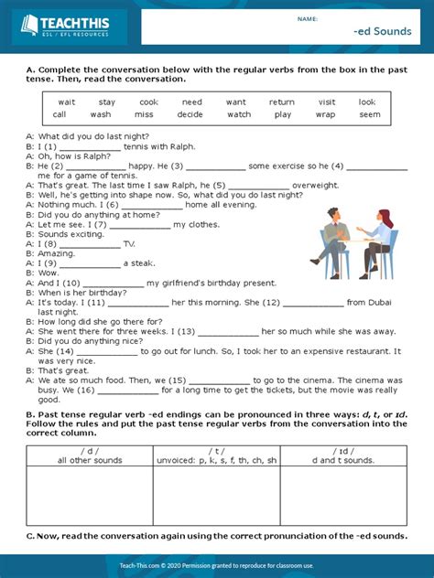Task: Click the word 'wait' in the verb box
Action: point(67,102)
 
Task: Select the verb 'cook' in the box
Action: point(148,102)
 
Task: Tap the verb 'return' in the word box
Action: point(281,102)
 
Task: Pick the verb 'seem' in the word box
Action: point(369,114)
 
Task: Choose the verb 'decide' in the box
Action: point(190,114)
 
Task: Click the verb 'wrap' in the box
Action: point(325,114)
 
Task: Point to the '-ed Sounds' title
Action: point(376,31)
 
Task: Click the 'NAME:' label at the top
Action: point(307,18)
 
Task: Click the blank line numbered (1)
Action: point(89,146)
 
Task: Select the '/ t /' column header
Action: point(216,450)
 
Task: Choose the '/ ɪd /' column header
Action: point(343,450)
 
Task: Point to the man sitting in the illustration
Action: point(331,241)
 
